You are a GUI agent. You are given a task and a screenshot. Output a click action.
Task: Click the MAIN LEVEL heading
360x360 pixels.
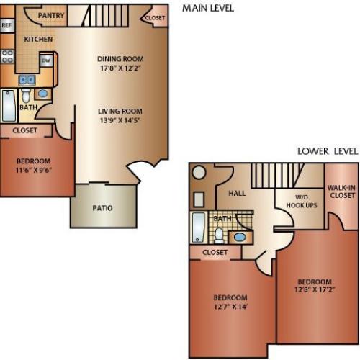pyautogui.click(x=207, y=8)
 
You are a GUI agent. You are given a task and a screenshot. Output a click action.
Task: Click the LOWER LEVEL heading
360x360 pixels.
pyautogui.click(x=328, y=151)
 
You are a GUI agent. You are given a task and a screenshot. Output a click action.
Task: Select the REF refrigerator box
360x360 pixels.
pyautogui.click(x=7, y=25)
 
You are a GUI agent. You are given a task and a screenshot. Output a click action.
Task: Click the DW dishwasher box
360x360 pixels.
pyautogui.click(x=45, y=61)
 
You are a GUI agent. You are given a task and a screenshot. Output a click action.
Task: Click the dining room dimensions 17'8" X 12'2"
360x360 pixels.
pyautogui.click(x=121, y=70)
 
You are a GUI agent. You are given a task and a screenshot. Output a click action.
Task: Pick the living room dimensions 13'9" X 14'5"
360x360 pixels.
pyautogui.click(x=120, y=122)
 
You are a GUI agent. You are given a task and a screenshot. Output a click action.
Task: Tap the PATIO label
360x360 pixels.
pyautogui.click(x=102, y=209)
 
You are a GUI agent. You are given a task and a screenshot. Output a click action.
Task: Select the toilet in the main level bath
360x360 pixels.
pyautogui.click(x=25, y=95)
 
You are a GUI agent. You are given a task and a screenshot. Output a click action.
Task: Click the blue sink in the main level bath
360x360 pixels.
pyautogui.click(x=42, y=94)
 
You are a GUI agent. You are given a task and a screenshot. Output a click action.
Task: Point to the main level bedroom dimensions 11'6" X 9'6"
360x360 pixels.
pyautogui.click(x=34, y=171)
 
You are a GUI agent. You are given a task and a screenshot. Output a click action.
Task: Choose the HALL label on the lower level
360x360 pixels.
pyautogui.click(x=237, y=193)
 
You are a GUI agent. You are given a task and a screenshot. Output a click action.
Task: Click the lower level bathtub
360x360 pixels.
pyautogui.click(x=199, y=228)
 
